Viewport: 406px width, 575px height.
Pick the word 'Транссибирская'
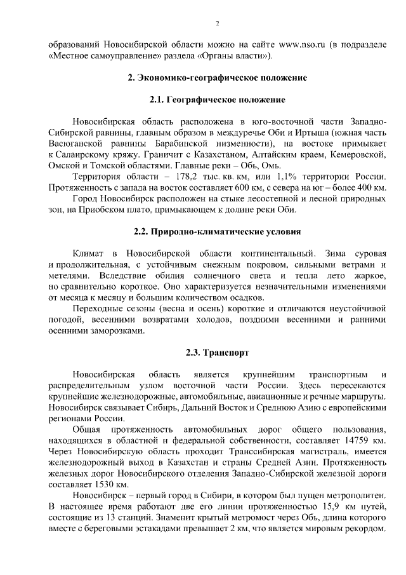coord(237,451)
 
